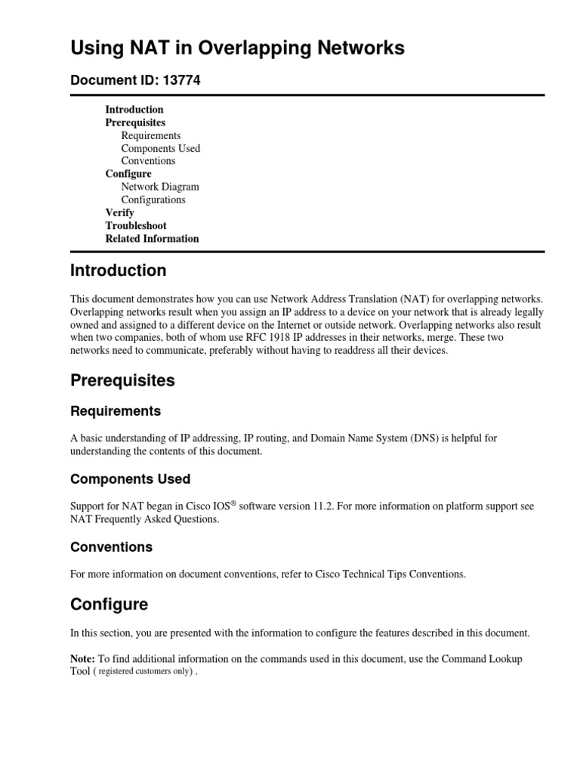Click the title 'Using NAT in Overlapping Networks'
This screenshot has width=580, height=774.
237,48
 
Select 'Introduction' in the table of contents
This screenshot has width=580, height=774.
134,110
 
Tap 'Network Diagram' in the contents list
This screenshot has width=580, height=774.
160,187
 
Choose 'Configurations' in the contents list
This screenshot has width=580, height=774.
153,200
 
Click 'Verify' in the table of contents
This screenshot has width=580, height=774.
119,212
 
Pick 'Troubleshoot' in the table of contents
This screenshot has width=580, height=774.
136,225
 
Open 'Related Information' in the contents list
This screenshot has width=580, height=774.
152,238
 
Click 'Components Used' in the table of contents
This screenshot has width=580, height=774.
161,148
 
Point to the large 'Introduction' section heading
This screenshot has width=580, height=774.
118,271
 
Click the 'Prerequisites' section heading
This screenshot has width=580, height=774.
122,381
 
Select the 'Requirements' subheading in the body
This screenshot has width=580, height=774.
116,411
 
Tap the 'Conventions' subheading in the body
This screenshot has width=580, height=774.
111,546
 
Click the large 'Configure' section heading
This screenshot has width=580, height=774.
109,605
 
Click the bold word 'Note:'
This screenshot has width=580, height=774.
83,659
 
